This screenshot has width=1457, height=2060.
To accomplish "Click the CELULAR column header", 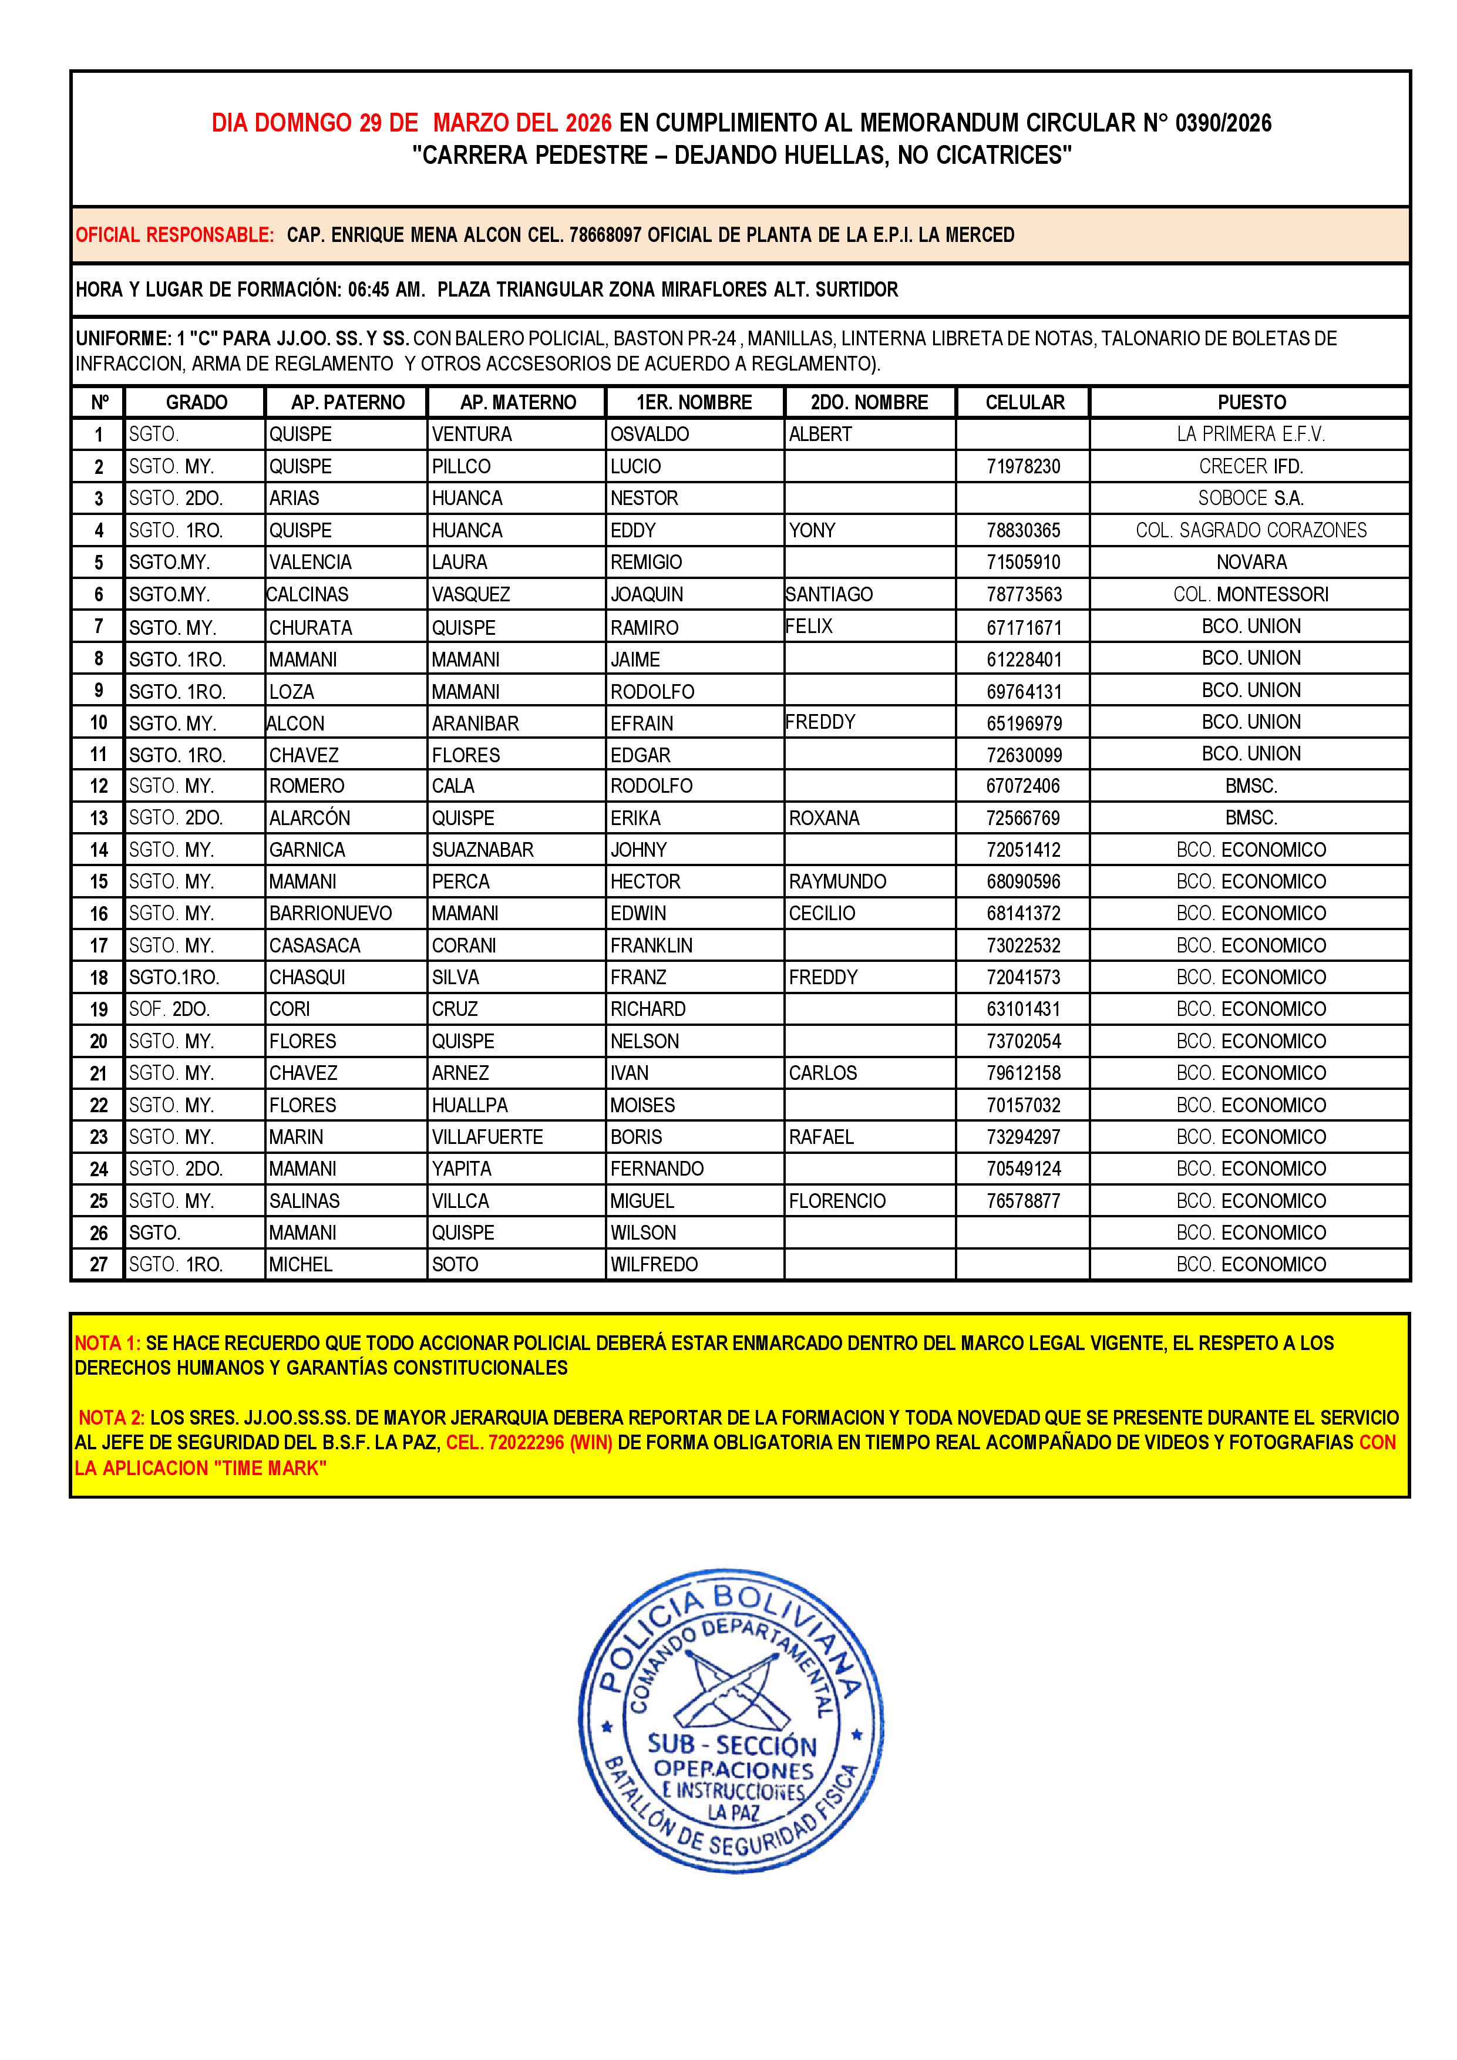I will point(1025,402).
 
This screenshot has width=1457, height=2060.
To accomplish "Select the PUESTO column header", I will point(1251,402).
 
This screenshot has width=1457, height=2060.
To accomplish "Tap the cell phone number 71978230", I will point(1023,466).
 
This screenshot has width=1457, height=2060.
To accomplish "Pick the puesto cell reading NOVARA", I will point(1251,563).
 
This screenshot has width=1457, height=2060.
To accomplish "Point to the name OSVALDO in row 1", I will point(650,434).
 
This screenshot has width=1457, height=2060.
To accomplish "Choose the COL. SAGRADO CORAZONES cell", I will point(1251,530).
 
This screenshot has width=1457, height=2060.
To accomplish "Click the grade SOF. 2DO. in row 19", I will point(170,1009).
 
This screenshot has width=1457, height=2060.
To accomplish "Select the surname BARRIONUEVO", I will point(330,913).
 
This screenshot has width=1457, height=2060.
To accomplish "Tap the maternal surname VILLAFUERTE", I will point(487,1137).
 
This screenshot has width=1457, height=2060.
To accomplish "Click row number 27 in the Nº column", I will point(99,1264).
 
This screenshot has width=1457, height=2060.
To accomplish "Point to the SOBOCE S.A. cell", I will point(1251,498).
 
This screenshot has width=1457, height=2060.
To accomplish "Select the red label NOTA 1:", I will point(107,1343).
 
